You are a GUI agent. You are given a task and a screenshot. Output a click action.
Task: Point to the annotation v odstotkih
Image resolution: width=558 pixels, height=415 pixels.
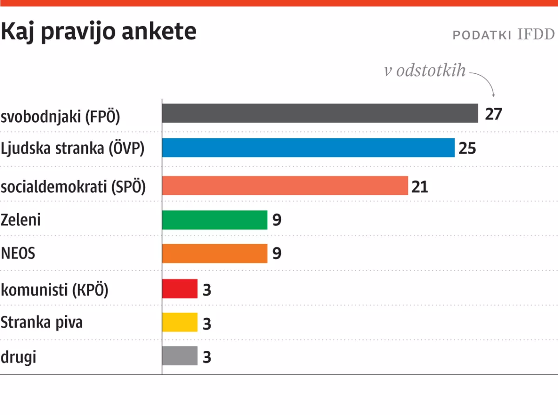[425, 71]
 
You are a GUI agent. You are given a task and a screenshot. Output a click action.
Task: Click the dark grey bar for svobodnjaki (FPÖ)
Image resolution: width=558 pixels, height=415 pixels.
[320, 113]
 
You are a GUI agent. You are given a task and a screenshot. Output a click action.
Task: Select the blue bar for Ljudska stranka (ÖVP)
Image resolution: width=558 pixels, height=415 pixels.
[308, 148]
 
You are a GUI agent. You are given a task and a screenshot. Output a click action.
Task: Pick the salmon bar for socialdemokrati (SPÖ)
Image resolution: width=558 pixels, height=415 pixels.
[285, 185]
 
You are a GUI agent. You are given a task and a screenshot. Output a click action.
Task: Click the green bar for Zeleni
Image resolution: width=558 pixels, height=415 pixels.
[215, 220]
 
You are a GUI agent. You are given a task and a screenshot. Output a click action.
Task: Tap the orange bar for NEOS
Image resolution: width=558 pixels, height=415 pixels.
[215, 253]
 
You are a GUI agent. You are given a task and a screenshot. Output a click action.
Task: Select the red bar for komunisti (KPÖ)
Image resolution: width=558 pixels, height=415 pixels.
[180, 289]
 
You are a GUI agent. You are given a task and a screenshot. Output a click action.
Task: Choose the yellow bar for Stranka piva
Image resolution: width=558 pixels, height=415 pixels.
[180, 322]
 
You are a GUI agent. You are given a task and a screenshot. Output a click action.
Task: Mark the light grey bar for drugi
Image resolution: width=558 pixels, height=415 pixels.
[180, 356]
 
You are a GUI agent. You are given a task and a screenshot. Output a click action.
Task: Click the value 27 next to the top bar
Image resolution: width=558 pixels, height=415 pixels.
[494, 114]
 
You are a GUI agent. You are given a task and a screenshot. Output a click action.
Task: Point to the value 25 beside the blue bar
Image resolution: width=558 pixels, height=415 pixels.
[468, 149]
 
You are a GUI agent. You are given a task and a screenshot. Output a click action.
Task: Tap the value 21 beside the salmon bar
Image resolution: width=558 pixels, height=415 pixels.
[419, 186]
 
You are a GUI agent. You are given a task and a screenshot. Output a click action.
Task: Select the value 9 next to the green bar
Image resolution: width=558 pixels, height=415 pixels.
[277, 220]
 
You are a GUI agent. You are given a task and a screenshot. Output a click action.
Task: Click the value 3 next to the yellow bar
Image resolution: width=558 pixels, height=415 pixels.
[207, 324]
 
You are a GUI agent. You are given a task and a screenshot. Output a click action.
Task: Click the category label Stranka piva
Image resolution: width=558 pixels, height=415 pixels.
[41, 322]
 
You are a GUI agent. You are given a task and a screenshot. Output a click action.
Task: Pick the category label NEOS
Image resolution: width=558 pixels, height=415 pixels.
[18, 254]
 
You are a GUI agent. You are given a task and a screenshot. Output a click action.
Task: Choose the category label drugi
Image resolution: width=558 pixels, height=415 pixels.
[18, 357]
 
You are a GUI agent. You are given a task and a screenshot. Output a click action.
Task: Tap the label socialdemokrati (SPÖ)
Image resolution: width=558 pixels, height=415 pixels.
[73, 187]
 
